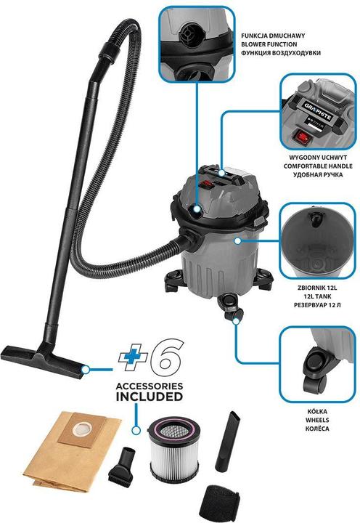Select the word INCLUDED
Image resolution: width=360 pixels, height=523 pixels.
coord(146,398)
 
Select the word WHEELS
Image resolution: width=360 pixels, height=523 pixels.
coord(318,421)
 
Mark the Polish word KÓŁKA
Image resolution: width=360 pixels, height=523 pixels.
coord(317,411)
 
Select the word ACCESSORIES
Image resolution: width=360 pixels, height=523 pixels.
coord(146,386)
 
